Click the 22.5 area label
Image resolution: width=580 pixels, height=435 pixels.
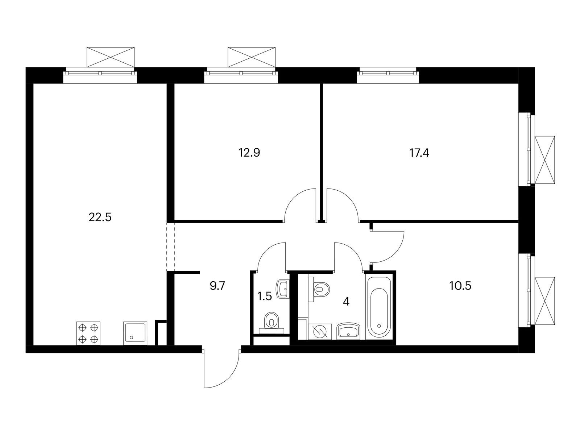[100, 217]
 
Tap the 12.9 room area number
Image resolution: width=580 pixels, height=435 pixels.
[249, 153]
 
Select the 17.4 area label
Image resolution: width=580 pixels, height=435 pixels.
[419, 153]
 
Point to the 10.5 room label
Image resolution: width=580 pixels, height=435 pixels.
[460, 286]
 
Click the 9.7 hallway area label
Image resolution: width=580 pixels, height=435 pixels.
[217, 286]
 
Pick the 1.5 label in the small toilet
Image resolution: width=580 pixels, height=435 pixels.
[265, 296]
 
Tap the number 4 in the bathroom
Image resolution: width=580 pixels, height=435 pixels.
[346, 301]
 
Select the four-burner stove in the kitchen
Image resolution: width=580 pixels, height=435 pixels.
[88, 333]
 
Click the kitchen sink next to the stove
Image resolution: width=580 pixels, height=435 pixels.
[135, 333]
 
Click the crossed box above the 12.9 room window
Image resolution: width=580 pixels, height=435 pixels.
[251, 57]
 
